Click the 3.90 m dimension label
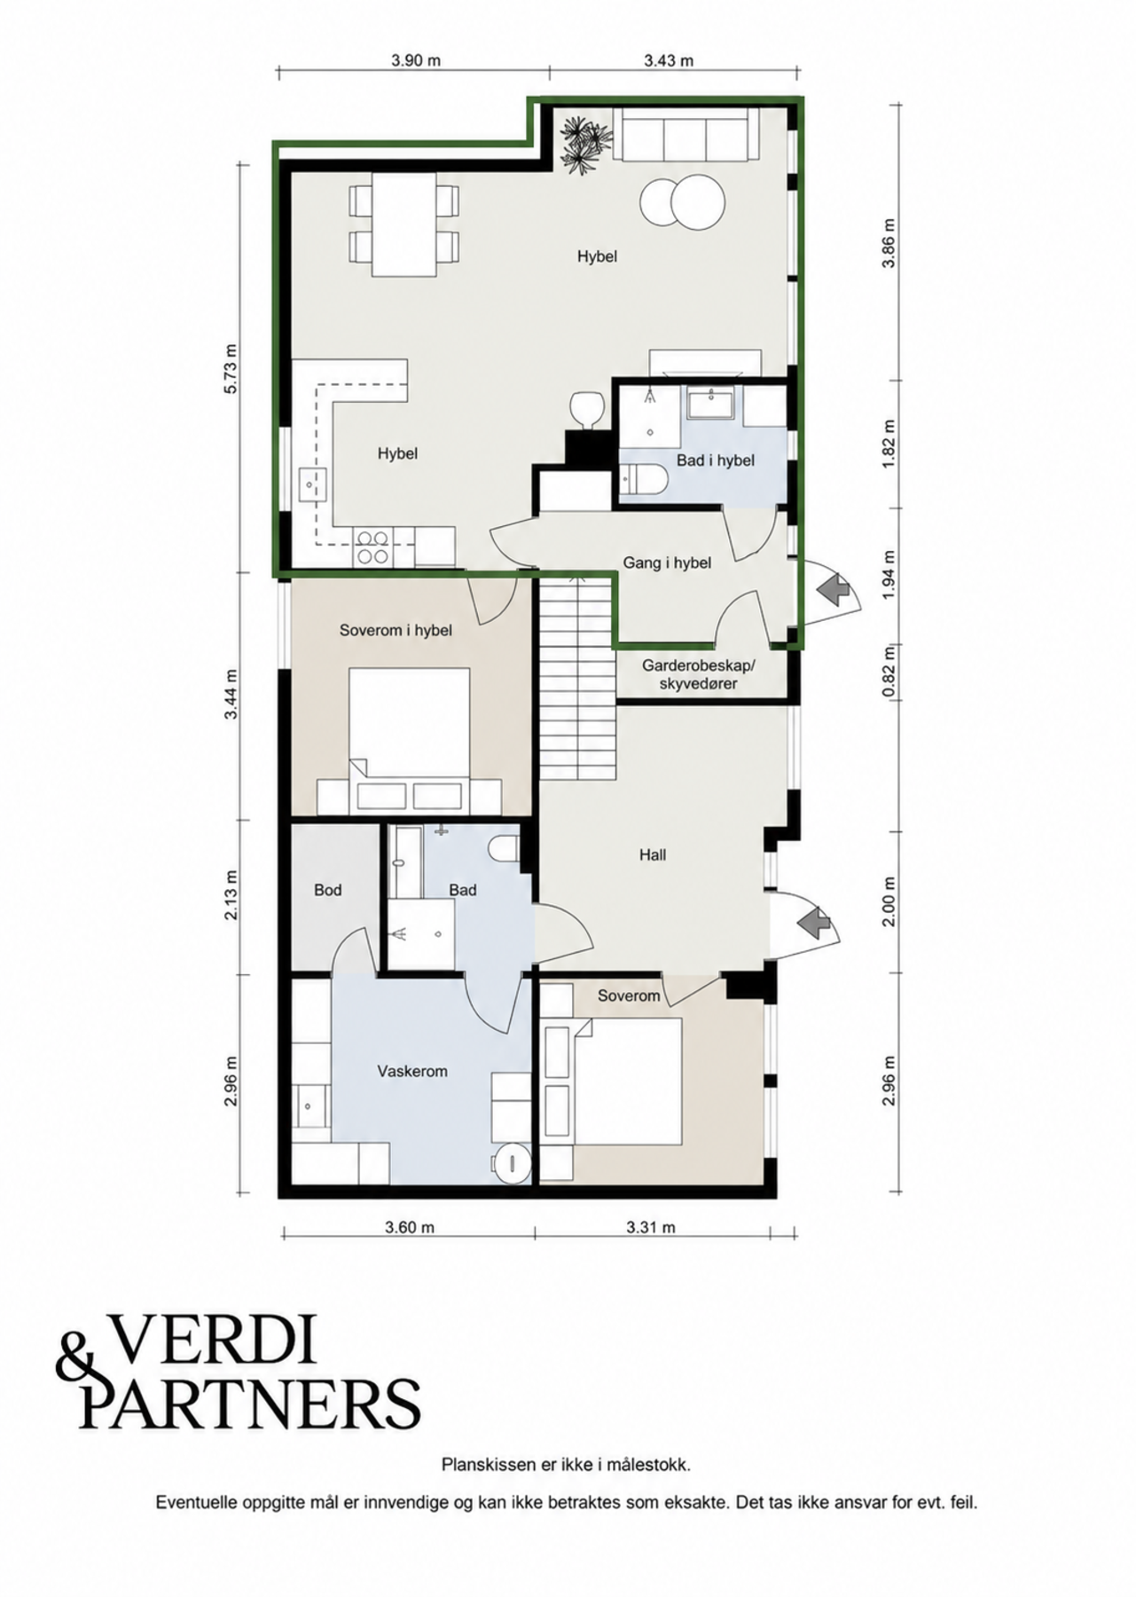416,60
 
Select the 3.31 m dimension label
650,1228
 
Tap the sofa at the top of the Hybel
686,134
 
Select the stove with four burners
372,547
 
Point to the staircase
576,679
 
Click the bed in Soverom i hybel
409,740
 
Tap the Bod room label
328,890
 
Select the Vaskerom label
412,1072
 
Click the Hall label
653,855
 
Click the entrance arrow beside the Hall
820,923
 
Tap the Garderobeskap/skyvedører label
698,674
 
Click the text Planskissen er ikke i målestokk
566,1465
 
